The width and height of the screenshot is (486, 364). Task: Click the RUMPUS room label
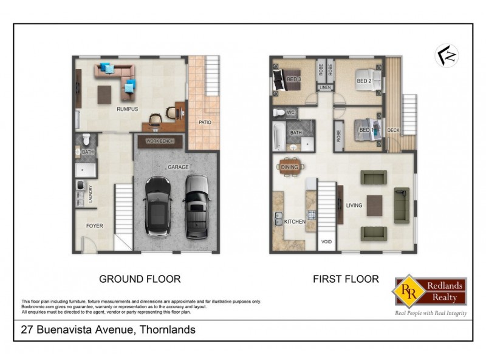pos(128,109)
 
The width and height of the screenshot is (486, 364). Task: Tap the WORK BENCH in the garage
pos(159,141)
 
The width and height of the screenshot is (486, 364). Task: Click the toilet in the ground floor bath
pos(86,138)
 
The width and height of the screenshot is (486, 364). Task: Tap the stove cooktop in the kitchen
pos(312,214)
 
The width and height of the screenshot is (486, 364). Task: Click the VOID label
pos(326,241)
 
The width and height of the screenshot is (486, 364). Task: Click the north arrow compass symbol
pos(447,55)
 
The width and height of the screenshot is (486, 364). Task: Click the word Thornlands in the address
pos(165,330)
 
